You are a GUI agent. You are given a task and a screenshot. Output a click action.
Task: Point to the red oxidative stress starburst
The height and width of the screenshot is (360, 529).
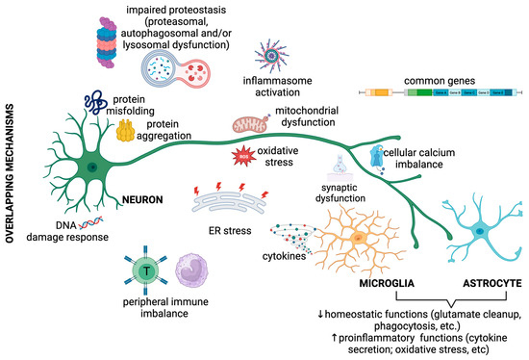pos(245,157)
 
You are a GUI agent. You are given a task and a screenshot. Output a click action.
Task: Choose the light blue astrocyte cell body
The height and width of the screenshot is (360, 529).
pos(478,232)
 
